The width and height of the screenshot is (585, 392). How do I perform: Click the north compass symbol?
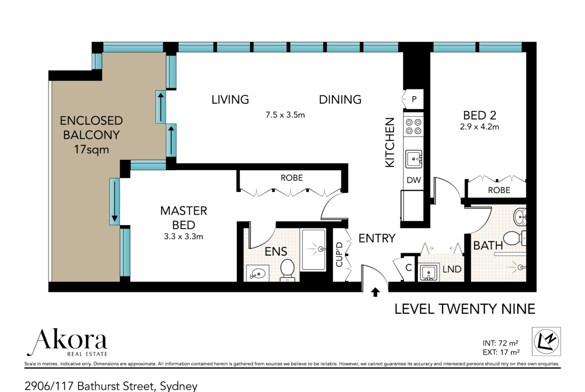pyautogui.click(x=546, y=341)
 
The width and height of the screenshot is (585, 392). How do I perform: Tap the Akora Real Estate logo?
pyautogui.click(x=67, y=342)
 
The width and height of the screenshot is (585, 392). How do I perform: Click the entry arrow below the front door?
pyautogui.click(x=375, y=292)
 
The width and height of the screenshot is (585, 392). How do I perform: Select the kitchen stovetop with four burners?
pyautogui.click(x=413, y=126)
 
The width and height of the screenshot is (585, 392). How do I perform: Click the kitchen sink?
pyautogui.click(x=414, y=159)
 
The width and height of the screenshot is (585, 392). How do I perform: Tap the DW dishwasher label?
pyautogui.click(x=414, y=180)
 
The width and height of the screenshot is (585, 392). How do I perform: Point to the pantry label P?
pyautogui.click(x=414, y=99)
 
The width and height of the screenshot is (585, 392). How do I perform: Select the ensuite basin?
pyautogui.click(x=258, y=274)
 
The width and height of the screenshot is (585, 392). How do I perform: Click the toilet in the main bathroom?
pyautogui.click(x=514, y=238)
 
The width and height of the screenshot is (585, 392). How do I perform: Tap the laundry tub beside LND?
pyautogui.click(x=428, y=272)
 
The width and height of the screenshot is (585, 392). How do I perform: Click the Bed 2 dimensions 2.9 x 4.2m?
pyautogui.click(x=479, y=127)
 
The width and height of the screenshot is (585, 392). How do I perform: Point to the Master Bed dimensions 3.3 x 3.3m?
pyautogui.click(x=183, y=236)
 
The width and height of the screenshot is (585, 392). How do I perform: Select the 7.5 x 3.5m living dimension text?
pyautogui.click(x=285, y=115)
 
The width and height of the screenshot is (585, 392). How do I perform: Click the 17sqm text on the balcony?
pyautogui.click(x=91, y=149)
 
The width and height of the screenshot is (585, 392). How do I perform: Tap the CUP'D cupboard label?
pyautogui.click(x=339, y=255)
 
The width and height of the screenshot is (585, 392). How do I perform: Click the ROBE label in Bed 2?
pyautogui.click(x=499, y=190)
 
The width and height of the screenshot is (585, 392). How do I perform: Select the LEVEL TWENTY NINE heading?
pyautogui.click(x=465, y=309)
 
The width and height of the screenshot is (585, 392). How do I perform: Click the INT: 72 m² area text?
pyautogui.click(x=500, y=343)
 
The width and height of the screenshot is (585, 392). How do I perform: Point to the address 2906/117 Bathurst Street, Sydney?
pyautogui.click(x=111, y=386)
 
